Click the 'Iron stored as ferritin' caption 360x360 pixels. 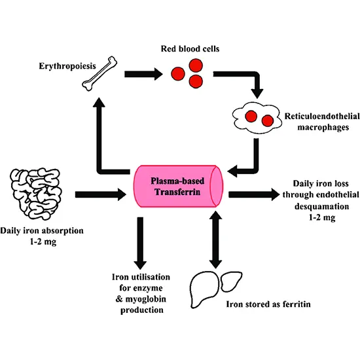click(268, 304)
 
